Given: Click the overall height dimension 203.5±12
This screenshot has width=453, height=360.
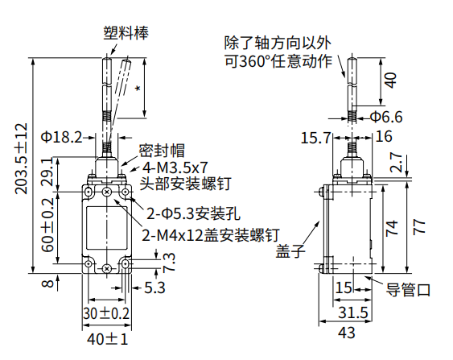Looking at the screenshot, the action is tap(22, 159).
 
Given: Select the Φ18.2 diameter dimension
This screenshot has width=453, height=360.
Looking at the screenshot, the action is tap(61, 137).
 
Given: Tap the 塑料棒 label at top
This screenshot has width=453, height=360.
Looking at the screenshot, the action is tap(126, 33).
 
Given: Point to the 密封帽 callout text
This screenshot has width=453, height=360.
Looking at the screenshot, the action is tap(162, 151).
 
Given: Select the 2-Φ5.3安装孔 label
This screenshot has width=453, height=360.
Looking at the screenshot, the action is tap(193, 214).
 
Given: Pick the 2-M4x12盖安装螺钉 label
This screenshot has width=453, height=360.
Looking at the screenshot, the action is tap(211, 235).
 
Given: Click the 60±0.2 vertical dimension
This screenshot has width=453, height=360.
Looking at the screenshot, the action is tap(47, 225).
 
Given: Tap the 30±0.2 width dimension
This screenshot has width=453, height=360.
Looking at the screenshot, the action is tap(106, 313).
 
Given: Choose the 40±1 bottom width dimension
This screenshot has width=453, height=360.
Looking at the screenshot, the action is tap(108, 339).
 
